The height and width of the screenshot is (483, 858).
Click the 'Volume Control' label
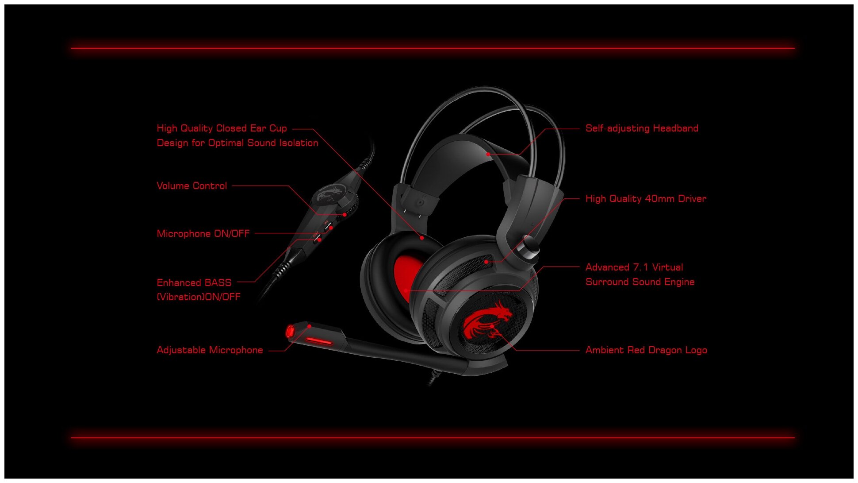point(192,186)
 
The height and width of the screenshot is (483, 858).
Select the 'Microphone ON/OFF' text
point(203,234)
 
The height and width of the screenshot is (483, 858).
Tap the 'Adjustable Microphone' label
point(210,350)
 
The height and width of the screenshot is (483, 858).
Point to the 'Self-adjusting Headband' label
point(642,128)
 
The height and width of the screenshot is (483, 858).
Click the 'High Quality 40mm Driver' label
point(646,199)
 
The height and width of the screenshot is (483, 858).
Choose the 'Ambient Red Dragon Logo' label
point(646,350)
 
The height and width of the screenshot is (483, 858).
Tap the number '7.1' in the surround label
point(641,267)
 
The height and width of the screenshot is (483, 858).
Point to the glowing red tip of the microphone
point(291,332)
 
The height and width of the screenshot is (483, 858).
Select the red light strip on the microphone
point(319,341)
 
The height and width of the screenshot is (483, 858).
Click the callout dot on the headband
point(488,154)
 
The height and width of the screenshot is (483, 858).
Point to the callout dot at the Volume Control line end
point(345,215)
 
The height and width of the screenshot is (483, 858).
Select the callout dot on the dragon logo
point(492,326)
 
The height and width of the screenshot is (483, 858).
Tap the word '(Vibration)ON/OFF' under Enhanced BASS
point(199,297)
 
